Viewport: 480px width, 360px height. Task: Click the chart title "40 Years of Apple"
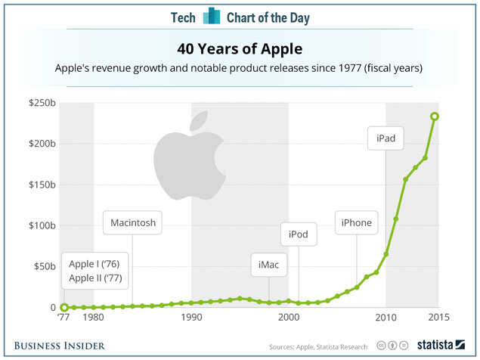point(240,49)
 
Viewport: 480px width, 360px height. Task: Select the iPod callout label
point(299,234)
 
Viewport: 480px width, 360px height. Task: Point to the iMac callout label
point(268,265)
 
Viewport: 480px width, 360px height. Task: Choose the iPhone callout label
point(356,222)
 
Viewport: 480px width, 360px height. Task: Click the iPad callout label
point(386,138)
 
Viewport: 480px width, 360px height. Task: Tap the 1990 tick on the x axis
point(191,318)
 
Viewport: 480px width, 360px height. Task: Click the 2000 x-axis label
point(289,318)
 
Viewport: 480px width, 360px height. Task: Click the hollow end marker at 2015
point(435,116)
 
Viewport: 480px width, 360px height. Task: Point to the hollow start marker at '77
point(64,307)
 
